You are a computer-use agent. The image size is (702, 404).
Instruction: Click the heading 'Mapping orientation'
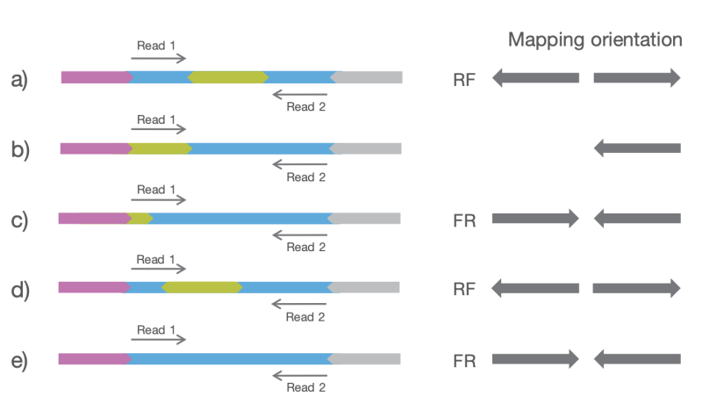pyautogui.click(x=595, y=40)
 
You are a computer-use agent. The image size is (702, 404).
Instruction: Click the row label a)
pyautogui.click(x=20, y=80)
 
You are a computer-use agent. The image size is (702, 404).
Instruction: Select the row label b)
pyautogui.click(x=20, y=149)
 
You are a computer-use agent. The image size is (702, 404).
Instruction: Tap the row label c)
pyautogui.click(x=20, y=219)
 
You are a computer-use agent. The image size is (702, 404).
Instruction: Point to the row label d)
pyautogui.click(x=20, y=289)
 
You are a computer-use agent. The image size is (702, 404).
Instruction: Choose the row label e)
pyautogui.click(x=20, y=359)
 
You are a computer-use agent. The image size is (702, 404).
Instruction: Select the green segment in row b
pyautogui.click(x=161, y=148)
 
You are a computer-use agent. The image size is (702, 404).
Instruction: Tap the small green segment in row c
pyautogui.click(x=140, y=218)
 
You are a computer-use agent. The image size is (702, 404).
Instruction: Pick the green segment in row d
pyautogui.click(x=202, y=287)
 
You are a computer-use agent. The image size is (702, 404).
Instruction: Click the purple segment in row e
pyautogui.click(x=95, y=358)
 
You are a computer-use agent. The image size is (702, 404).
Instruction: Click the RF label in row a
pyautogui.click(x=464, y=80)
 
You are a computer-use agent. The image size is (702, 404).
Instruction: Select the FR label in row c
pyautogui.click(x=464, y=220)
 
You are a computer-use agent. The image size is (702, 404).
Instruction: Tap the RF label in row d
pyautogui.click(x=464, y=289)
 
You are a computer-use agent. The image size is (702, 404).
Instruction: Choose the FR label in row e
pyautogui.click(x=464, y=360)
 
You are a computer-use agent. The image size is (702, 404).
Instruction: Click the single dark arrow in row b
pyautogui.click(x=637, y=148)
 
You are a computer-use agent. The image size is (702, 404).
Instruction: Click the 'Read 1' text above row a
pyautogui.click(x=156, y=45)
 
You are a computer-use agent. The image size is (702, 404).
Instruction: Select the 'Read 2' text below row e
pyautogui.click(x=305, y=387)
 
